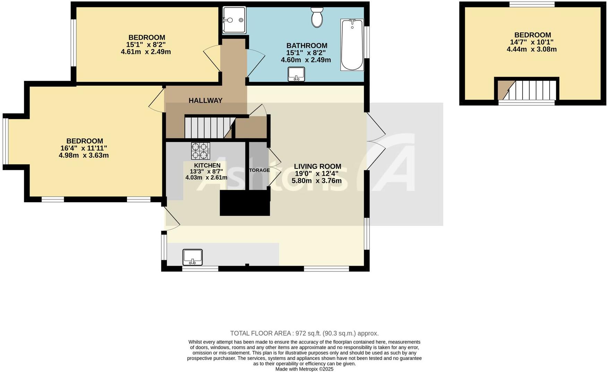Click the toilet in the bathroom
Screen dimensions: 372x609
tap(317, 18)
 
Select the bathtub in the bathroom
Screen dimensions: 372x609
tap(352, 45)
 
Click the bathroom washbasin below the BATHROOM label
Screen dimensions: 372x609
tap(296, 74)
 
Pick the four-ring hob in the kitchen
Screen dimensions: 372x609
tap(200, 151)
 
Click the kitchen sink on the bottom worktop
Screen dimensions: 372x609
tap(192, 257)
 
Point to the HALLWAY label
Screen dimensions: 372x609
tap(205, 101)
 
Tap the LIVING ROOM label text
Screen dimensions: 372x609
tap(317, 166)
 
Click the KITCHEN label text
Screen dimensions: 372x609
tap(207, 165)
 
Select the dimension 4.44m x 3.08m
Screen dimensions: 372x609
tap(532, 49)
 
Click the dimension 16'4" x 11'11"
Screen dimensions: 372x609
tap(84, 148)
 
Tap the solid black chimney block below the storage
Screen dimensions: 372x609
tap(245, 203)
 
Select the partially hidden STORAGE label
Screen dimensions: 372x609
tap(259, 170)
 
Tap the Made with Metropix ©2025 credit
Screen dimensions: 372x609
tap(304, 369)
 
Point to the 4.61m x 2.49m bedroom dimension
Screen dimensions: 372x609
tap(146, 52)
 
